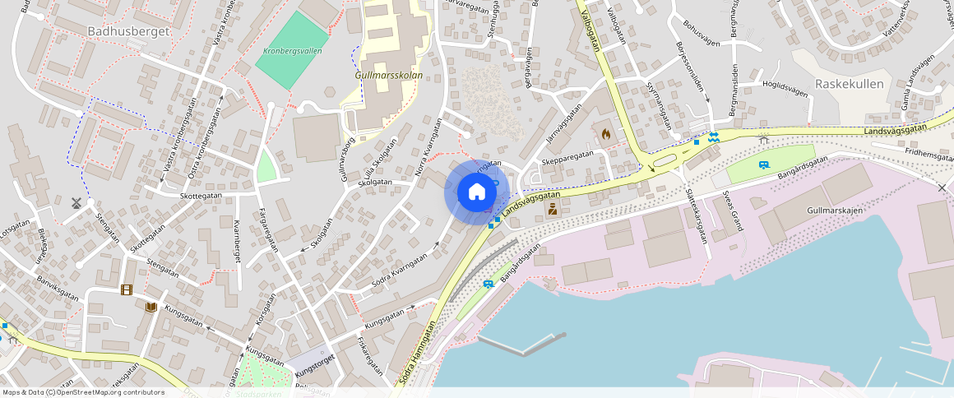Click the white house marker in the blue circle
(x=476, y=192)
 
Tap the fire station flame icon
(x=605, y=132)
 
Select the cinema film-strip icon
(x=126, y=289)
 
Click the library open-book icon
(x=151, y=308)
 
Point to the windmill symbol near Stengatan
(x=76, y=202)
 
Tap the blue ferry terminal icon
(x=713, y=137)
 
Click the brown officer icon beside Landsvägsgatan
(x=553, y=209)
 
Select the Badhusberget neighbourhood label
(x=127, y=30)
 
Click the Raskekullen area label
(x=849, y=84)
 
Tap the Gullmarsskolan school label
(x=388, y=75)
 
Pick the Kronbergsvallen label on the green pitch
(x=293, y=51)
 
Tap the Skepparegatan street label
(x=567, y=155)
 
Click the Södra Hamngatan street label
(x=415, y=354)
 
